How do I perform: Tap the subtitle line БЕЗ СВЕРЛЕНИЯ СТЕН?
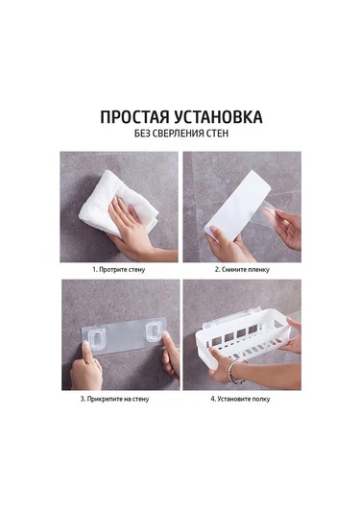(x=180, y=135)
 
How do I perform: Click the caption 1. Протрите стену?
(x=119, y=271)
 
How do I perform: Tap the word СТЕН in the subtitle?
(x=222, y=135)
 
